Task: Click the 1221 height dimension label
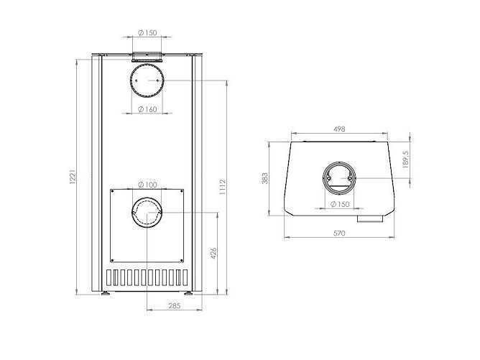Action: coord(73,177)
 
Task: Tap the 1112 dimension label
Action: coord(223,187)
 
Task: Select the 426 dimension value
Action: coord(213,253)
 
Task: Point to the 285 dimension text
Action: coord(174,305)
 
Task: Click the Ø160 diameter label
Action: coord(147,109)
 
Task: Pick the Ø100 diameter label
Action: coord(147,185)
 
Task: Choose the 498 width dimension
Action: coord(339,129)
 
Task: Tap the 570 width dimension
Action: coord(339,234)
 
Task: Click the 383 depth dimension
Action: coord(265,178)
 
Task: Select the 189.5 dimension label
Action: coord(406,159)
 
